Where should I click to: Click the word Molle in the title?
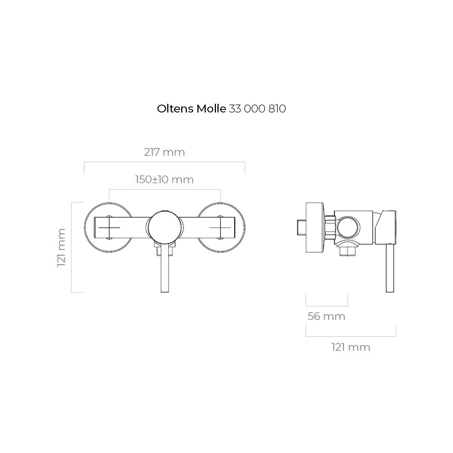[x=211, y=109]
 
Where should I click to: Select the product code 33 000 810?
[x=257, y=109]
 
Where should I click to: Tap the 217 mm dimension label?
[x=164, y=152]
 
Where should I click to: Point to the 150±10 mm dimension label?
[x=164, y=180]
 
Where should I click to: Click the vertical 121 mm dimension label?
[x=61, y=248]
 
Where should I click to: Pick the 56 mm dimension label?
[x=326, y=316]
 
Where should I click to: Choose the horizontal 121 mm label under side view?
[x=351, y=347]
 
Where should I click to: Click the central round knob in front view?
[x=165, y=227]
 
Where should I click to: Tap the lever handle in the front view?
[x=165, y=268]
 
